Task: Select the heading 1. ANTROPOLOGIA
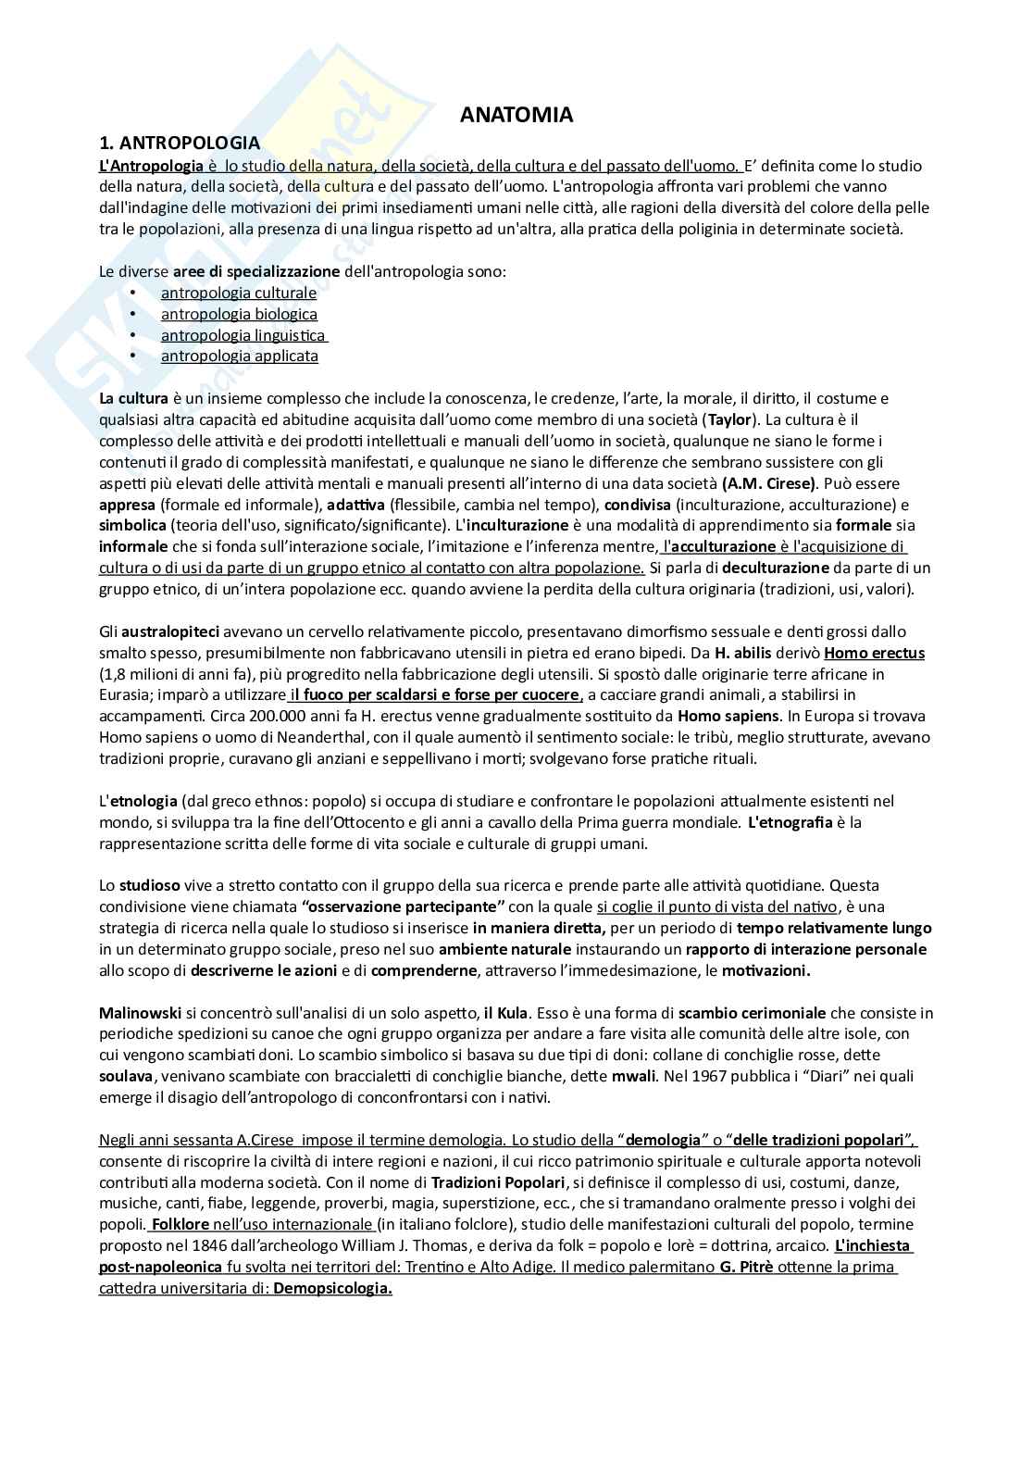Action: coord(180,144)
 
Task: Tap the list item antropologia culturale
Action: coord(238,293)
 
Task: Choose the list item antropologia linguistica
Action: coord(243,335)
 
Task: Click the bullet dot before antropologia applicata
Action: coord(133,356)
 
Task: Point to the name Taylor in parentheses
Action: coord(730,419)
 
